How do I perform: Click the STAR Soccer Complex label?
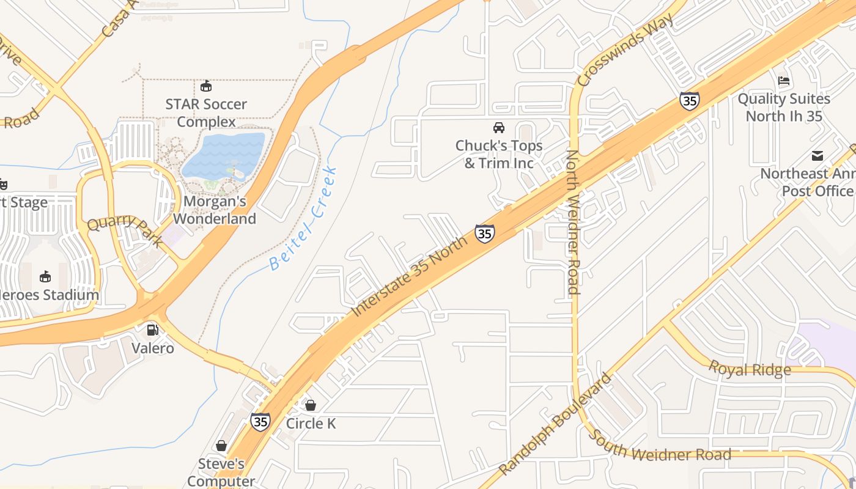coord(206,113)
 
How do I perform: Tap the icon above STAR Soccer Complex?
coord(206,86)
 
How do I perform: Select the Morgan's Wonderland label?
coord(215,210)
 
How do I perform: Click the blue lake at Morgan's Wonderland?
coord(224,156)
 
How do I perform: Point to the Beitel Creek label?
coord(304,218)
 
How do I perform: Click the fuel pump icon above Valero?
coord(152,330)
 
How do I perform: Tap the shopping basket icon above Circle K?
coord(311,405)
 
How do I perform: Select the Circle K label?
coord(311,423)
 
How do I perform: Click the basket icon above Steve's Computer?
coord(221,446)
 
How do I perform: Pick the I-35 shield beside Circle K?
coord(260,422)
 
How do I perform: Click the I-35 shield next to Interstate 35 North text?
coord(484,233)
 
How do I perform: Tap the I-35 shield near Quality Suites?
coord(689,100)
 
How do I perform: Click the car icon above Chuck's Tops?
coord(499,128)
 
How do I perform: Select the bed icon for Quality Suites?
coord(784,81)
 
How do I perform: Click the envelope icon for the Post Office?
coord(817,156)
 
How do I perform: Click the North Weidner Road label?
coord(573,222)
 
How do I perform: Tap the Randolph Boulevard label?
coord(555,425)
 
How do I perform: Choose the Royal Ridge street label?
coord(750,369)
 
